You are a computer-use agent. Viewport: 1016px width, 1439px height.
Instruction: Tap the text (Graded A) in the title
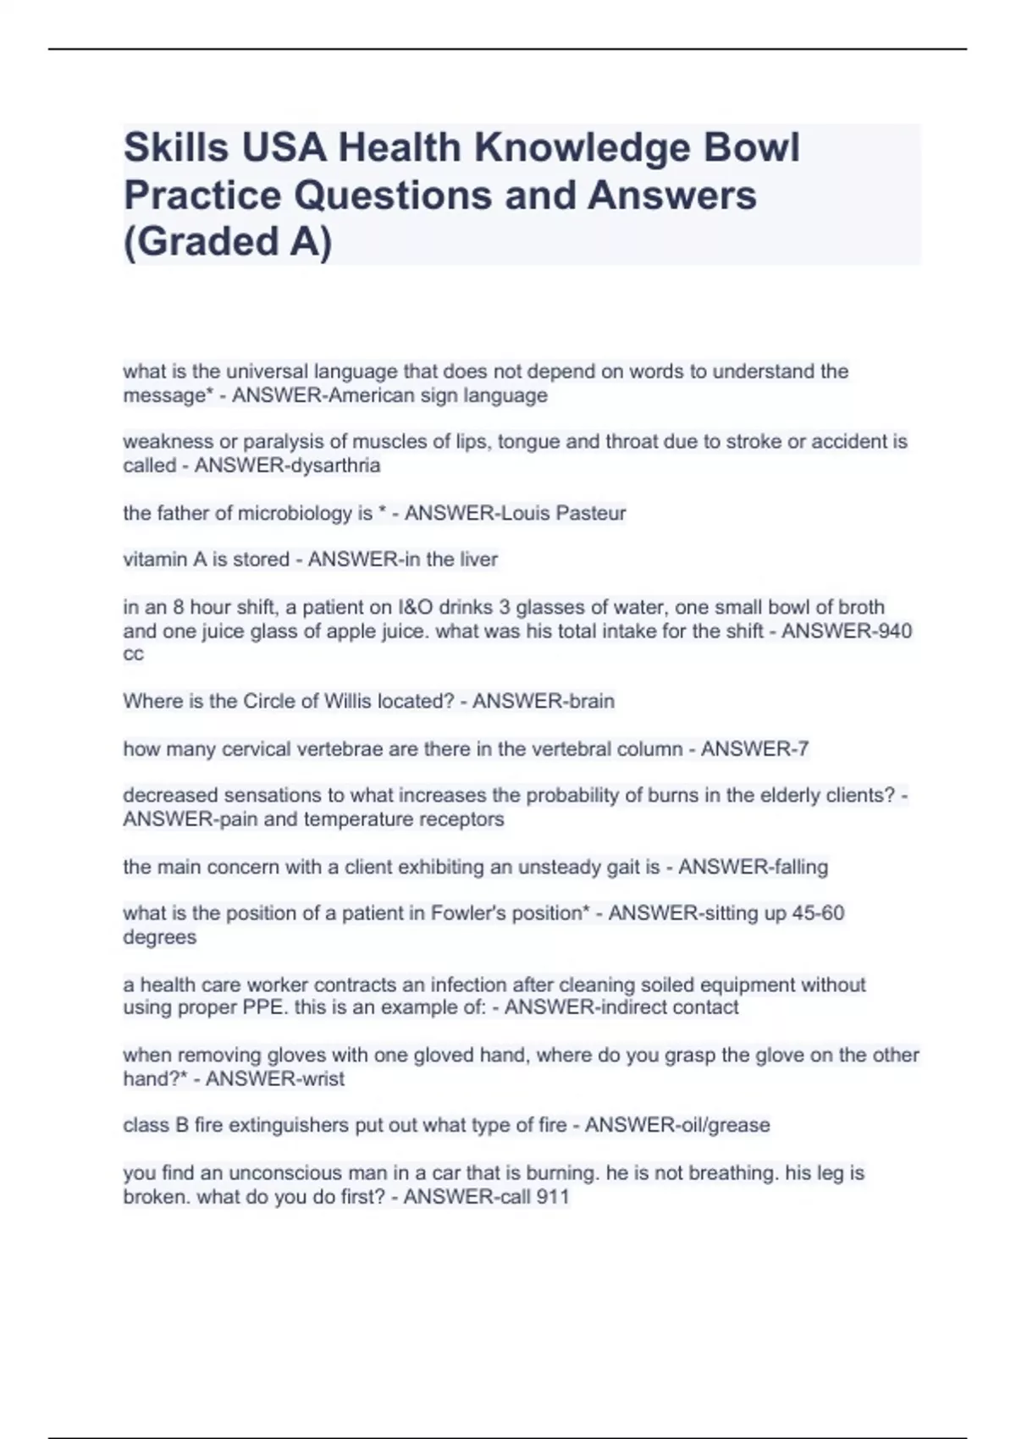228,241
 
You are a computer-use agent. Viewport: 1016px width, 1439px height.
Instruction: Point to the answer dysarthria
335,466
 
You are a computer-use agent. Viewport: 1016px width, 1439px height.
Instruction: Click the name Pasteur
591,513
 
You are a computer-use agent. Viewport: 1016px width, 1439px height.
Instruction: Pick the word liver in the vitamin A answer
478,560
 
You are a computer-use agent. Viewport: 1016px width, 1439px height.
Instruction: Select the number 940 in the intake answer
895,631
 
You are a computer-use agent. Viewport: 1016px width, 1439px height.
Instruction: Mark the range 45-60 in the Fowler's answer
818,913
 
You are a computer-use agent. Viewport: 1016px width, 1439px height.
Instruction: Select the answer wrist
323,1078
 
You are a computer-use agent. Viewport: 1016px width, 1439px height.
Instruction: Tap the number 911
553,1197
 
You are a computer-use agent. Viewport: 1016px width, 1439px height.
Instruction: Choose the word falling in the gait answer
795,867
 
